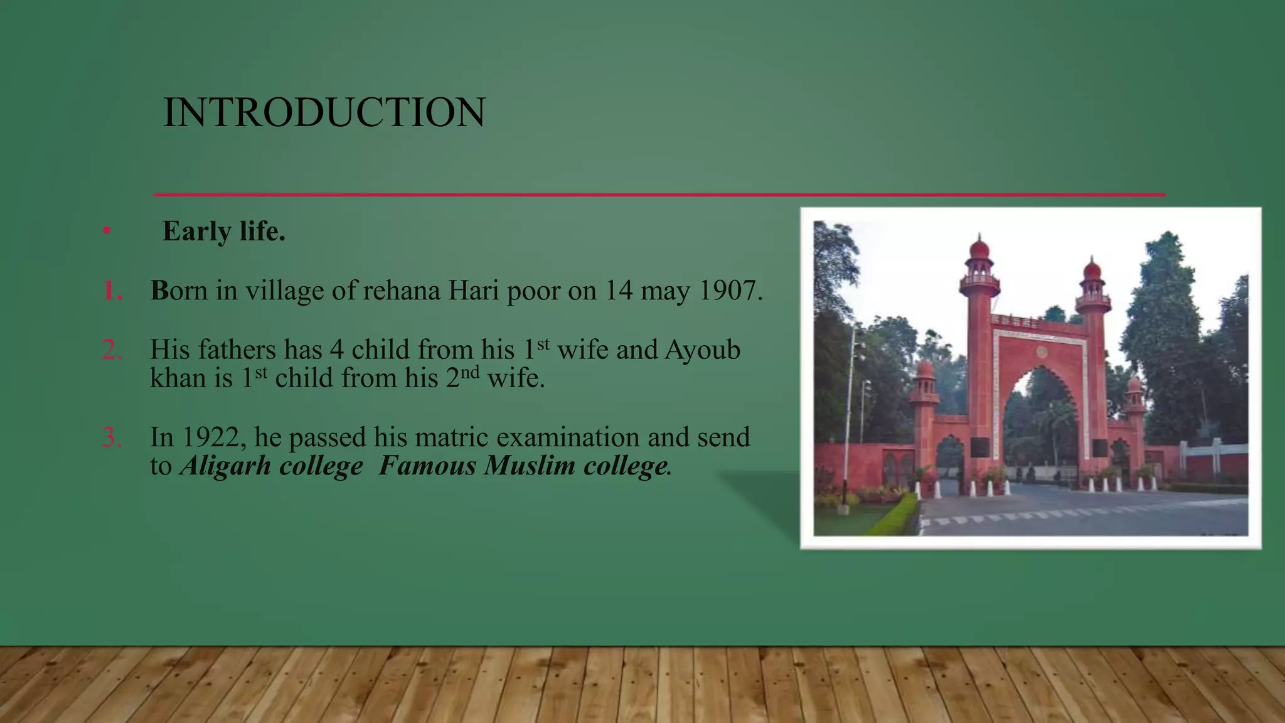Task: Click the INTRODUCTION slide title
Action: [324, 113]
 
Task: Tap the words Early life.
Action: [223, 231]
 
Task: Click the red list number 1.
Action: [112, 291]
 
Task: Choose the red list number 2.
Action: [112, 350]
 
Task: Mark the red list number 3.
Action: [112, 437]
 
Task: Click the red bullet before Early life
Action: [107, 231]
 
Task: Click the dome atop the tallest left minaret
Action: [979, 249]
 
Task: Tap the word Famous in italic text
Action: [427, 466]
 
